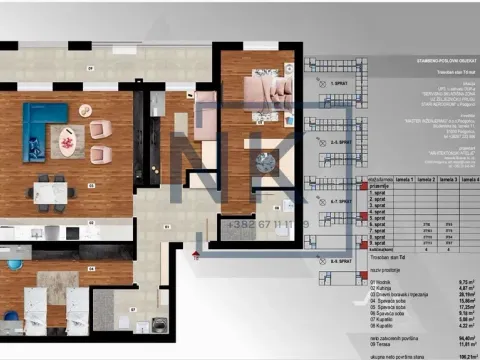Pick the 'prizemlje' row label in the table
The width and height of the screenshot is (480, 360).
pyautogui.click(x=381, y=185)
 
